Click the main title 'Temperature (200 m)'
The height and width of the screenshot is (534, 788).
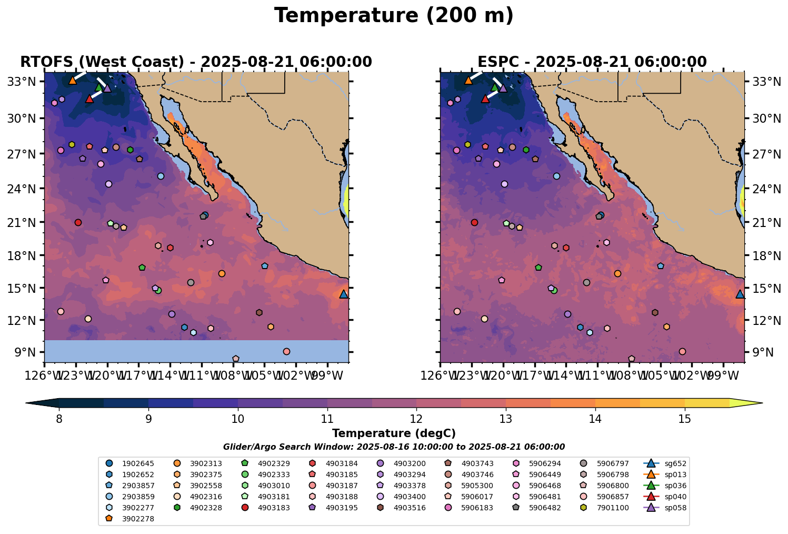394,16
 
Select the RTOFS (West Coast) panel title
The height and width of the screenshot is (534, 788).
196,62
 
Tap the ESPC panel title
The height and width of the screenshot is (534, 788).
592,62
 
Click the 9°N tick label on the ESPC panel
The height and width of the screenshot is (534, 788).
759,352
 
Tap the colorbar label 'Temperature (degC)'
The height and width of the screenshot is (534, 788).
394,433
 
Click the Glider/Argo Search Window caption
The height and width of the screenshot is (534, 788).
394,447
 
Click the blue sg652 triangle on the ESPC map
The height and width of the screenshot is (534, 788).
740,294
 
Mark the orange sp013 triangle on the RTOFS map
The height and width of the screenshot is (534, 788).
73,81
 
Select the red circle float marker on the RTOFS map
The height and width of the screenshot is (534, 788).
78,222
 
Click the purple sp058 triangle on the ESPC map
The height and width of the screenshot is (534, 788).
503,88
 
